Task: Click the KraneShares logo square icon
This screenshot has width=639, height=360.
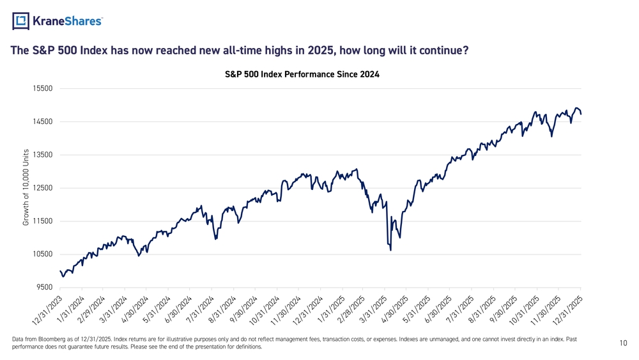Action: tap(21, 21)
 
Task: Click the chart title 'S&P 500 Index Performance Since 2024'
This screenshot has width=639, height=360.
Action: tap(302, 74)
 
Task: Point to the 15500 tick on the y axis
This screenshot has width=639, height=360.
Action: tap(43, 89)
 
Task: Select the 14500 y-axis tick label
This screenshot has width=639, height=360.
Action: tap(43, 121)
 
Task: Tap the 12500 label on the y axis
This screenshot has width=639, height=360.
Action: tap(43, 188)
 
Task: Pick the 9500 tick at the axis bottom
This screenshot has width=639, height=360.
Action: tap(44, 288)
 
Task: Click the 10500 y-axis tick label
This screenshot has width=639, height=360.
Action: tap(43, 254)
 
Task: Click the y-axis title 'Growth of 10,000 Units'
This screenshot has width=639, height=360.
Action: tap(26, 187)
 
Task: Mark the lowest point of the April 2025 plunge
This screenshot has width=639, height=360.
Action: tap(390, 250)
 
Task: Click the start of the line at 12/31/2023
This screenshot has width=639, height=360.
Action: tap(60, 271)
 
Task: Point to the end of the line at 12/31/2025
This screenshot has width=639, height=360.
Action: tap(580, 113)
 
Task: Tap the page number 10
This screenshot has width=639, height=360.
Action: tap(623, 343)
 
